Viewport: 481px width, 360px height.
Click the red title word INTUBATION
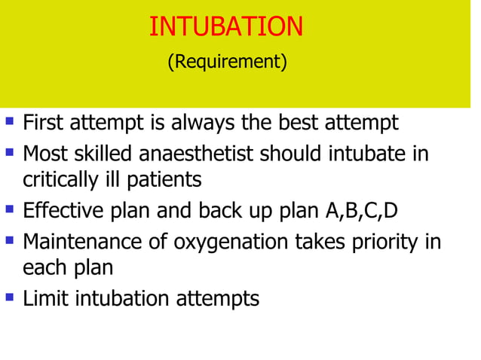tap(226, 26)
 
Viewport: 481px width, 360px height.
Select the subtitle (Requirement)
tap(226, 62)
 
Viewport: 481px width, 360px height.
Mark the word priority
tap(391, 242)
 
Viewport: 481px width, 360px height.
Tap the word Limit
tap(41, 298)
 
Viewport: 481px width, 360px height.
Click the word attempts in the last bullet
tap(217, 299)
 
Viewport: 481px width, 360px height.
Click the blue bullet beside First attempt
tap(10, 121)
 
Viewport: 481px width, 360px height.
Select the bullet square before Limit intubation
tap(10, 297)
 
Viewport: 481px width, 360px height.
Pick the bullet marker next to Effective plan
tap(10, 208)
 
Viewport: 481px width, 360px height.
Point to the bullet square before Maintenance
tap(10, 239)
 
